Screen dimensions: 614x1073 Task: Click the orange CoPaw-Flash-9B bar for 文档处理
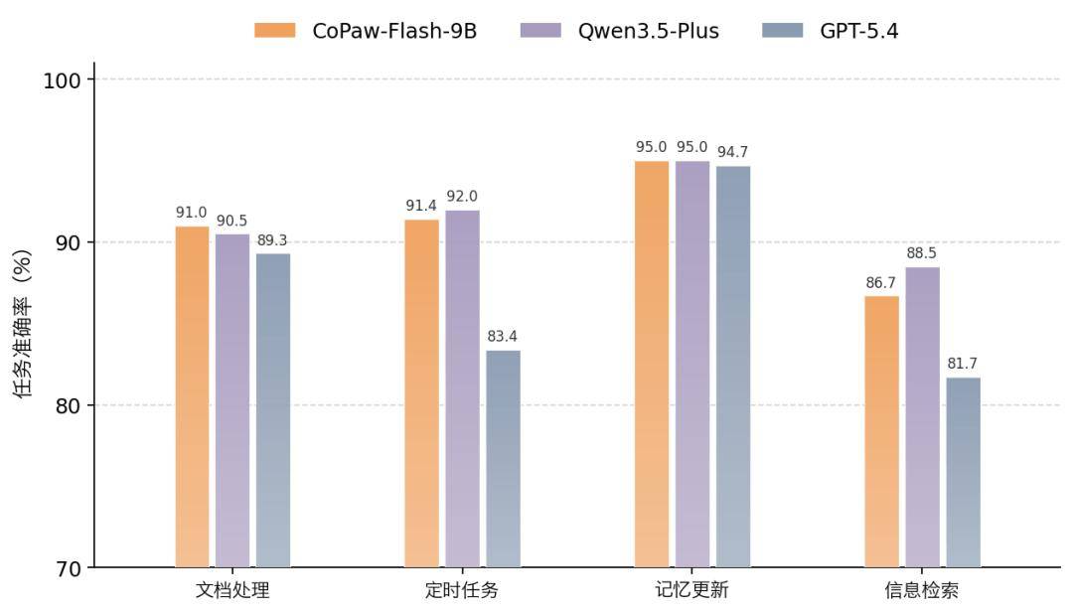point(192,397)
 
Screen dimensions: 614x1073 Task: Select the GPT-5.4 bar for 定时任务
point(503,459)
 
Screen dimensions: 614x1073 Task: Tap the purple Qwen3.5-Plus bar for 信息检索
point(922,417)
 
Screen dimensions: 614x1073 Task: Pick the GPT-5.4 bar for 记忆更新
point(733,367)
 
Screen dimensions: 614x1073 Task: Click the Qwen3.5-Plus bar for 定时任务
point(462,388)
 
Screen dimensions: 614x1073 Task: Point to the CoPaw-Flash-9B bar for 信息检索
point(881,431)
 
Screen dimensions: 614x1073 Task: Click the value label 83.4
point(503,337)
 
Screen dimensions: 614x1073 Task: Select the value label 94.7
point(733,152)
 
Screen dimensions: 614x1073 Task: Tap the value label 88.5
point(922,253)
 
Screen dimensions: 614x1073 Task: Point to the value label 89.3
point(272,240)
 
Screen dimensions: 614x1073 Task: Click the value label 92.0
point(462,197)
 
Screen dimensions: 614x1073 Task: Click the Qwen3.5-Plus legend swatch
point(540,31)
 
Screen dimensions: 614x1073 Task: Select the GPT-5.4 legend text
point(858,31)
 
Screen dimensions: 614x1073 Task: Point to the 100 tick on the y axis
point(63,79)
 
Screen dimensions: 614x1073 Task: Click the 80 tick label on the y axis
point(68,405)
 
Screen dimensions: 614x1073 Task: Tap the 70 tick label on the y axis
point(68,568)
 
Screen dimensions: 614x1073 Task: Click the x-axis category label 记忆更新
point(691,590)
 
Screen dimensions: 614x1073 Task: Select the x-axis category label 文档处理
point(232,590)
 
